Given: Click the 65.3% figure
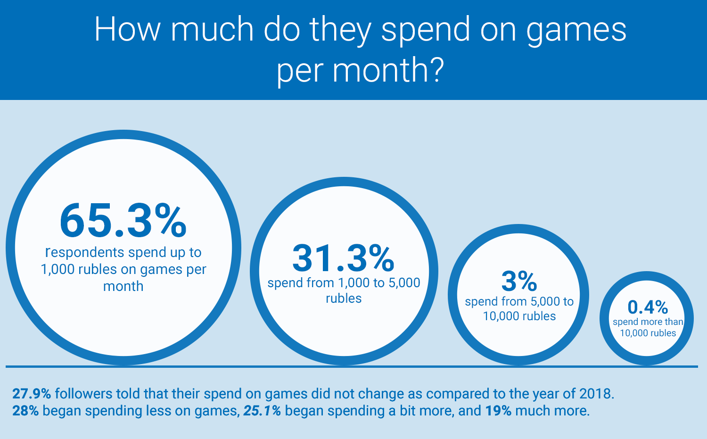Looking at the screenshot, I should coord(123,220).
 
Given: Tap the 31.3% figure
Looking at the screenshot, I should coord(343,258).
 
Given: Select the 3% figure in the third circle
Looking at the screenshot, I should coord(519,281).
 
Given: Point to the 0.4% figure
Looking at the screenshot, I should coord(648,307).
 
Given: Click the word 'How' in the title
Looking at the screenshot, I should coord(128,29).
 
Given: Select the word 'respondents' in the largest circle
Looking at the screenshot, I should coord(85,252).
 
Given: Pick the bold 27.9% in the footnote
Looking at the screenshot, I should coord(32,394).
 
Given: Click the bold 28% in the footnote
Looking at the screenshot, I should coord(25,411).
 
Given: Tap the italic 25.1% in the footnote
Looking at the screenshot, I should coord(262,411).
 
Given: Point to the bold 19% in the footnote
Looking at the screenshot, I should coord(498,411).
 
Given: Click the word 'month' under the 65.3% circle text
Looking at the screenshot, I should coord(123,286).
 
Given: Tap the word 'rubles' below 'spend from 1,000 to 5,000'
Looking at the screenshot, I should coord(344,298).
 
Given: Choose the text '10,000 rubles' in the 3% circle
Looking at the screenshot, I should coord(519,316).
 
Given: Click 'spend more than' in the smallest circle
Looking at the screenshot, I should coord(648,322).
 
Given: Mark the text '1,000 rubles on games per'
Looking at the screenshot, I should coord(123,269).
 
